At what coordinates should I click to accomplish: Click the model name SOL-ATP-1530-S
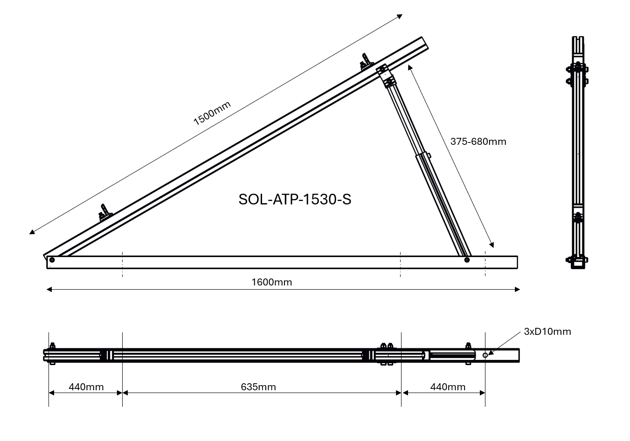pyautogui.click(x=295, y=199)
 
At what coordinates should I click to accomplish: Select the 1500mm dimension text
pyautogui.click(x=212, y=113)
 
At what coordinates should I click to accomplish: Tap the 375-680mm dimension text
pyautogui.click(x=478, y=142)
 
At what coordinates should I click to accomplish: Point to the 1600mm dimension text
pyautogui.click(x=271, y=282)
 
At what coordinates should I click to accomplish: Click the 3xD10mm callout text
pyautogui.click(x=547, y=332)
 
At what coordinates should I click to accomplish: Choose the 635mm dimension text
pyautogui.click(x=258, y=387)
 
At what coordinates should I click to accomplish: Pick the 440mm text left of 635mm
pyautogui.click(x=86, y=387)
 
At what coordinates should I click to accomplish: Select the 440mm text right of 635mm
pyautogui.click(x=448, y=387)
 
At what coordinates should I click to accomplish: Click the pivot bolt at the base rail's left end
pyautogui.click(x=52, y=260)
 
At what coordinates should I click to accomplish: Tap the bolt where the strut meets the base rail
pyautogui.click(x=467, y=260)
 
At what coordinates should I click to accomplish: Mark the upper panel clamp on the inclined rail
pyautogui.click(x=366, y=62)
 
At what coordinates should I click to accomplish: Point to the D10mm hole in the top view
pyautogui.click(x=485, y=355)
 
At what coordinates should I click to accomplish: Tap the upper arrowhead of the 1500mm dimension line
pyautogui.click(x=400, y=16)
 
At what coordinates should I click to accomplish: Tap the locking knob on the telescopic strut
pyautogui.click(x=429, y=156)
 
